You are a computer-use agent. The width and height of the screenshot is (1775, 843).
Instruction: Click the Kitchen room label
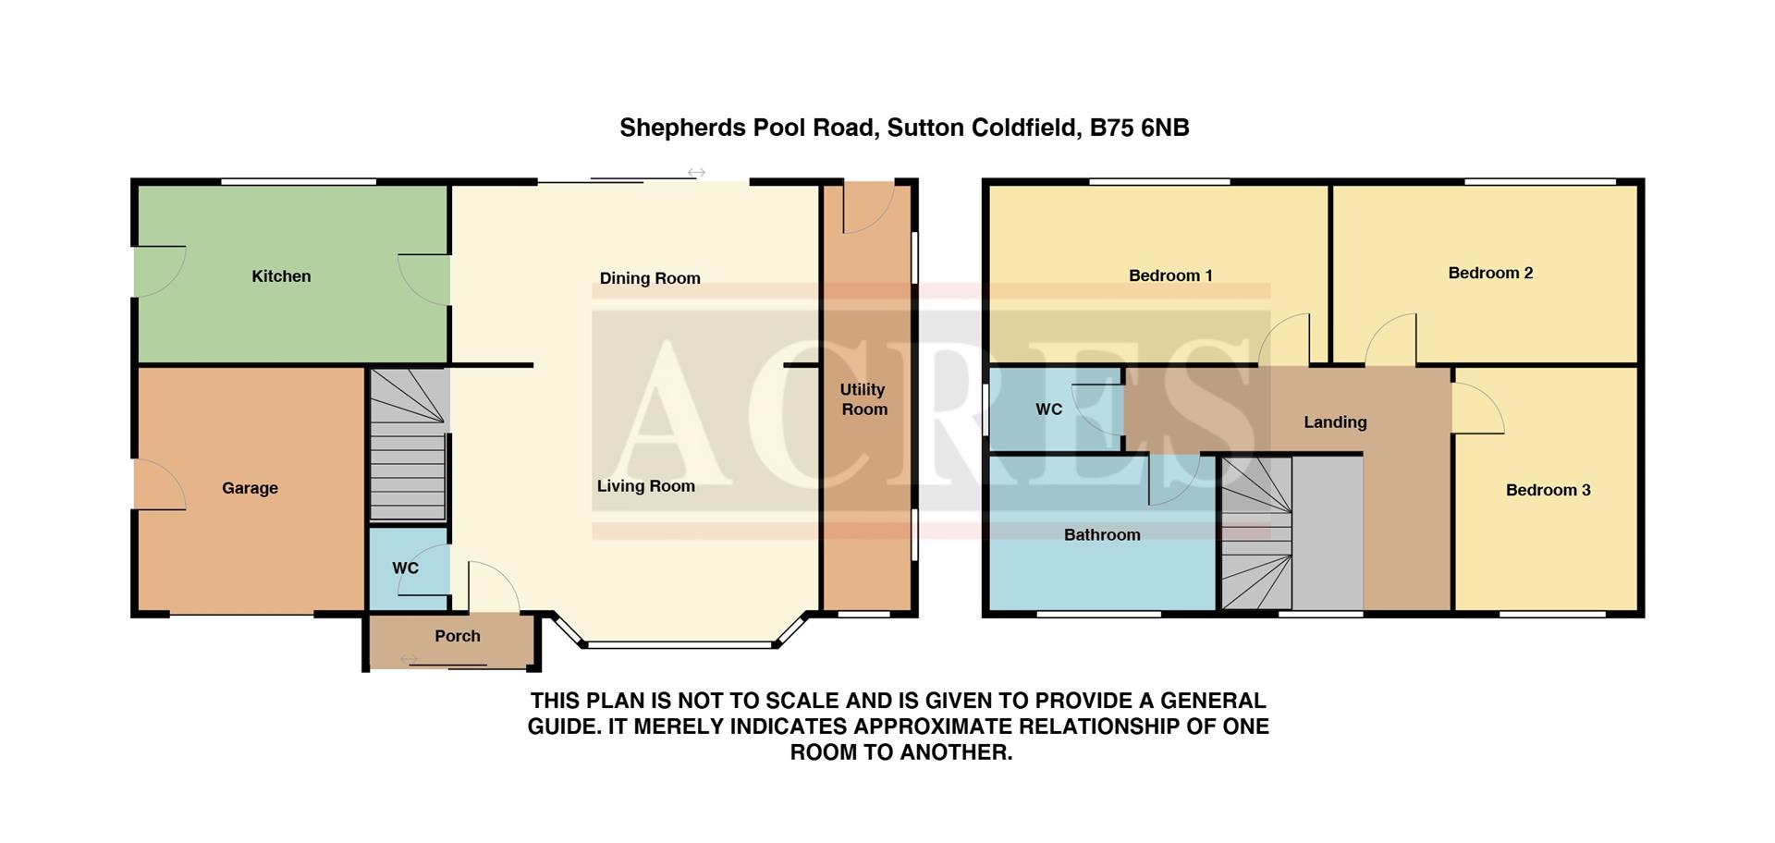pos(281,276)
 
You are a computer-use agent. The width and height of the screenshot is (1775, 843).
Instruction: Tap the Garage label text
pos(250,488)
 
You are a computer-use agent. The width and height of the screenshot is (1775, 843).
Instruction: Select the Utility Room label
pos(863,399)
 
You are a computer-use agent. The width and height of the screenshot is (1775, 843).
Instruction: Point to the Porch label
pos(458,636)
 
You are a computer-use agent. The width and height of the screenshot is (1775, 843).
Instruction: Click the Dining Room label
pos(650,278)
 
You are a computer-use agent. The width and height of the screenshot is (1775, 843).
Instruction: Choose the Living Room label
pos(645,486)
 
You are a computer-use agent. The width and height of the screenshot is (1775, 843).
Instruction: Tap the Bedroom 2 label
pos(1490,273)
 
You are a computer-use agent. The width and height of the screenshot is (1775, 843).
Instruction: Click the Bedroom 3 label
pos(1548,490)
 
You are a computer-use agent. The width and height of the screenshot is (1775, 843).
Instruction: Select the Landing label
pos(1335,422)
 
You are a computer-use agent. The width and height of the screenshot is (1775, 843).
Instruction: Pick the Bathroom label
pos(1102,535)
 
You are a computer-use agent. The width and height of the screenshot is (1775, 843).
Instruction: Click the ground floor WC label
pos(405,568)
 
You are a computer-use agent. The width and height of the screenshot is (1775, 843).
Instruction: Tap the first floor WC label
pos(1048,409)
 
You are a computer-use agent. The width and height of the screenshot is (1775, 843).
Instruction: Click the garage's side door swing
pos(160,484)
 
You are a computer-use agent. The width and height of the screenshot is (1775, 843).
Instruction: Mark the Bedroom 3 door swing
pos(1477,409)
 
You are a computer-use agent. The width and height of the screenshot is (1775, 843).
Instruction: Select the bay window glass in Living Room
pos(679,644)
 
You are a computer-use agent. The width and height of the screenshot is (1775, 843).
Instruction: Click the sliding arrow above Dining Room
pos(696,173)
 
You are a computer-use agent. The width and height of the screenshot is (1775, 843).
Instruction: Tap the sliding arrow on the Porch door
pos(408,659)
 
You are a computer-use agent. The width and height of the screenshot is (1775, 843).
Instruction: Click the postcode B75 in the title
pos(1112,128)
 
